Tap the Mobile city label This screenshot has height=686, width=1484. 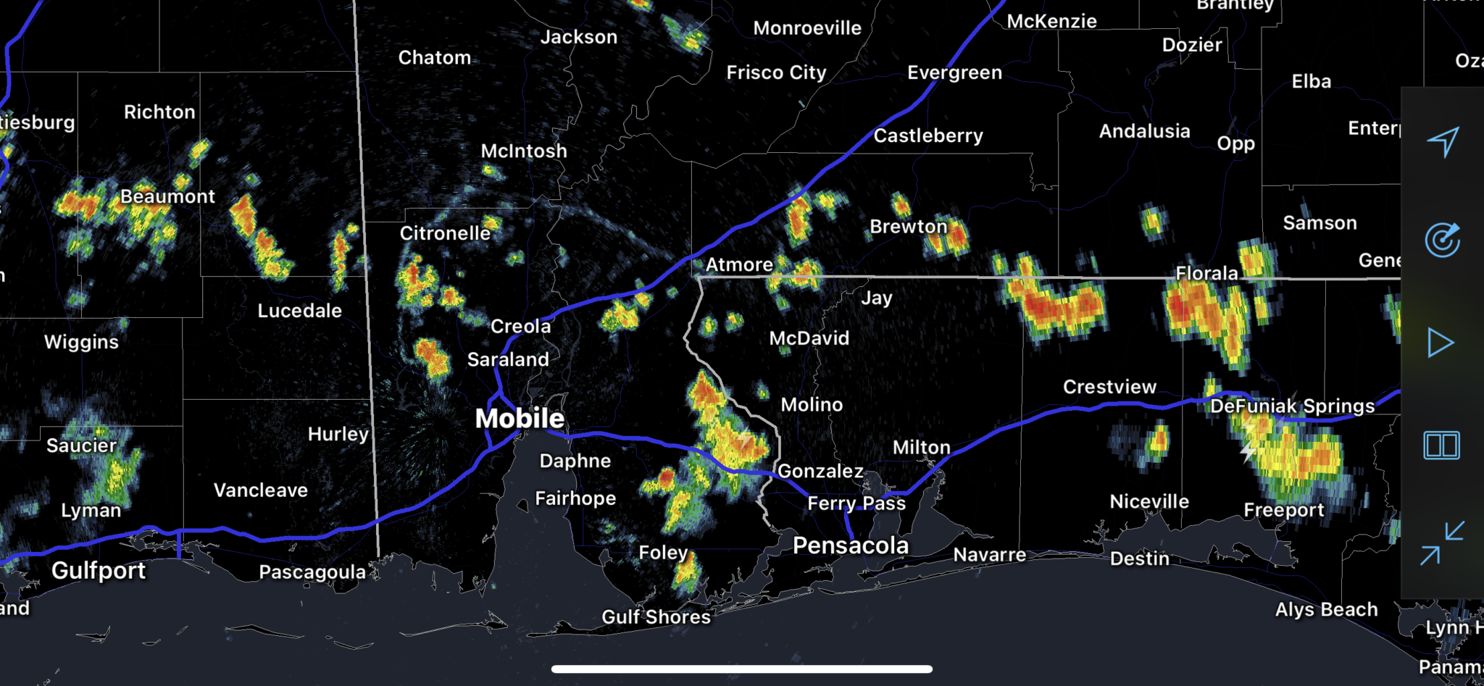tap(520, 418)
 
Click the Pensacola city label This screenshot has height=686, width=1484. tap(850, 545)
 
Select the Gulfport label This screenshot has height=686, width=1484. tap(99, 571)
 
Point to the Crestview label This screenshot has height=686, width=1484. tap(1109, 387)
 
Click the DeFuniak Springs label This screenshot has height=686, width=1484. tap(1292, 406)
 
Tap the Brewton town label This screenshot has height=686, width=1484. tap(908, 227)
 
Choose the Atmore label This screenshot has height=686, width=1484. tap(739, 265)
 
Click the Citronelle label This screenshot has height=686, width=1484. tap(445, 233)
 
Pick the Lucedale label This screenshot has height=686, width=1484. tap(299, 311)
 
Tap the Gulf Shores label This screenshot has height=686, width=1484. tap(656, 617)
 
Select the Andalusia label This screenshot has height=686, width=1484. tap(1144, 131)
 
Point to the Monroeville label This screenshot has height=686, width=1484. tap(807, 28)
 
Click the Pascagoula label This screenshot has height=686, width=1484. tap(312, 572)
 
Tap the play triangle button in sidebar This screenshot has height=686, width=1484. tap(1441, 343)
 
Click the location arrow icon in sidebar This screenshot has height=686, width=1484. tap(1442, 141)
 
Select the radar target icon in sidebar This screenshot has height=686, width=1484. tap(1442, 240)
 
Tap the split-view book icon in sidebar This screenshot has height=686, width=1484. tap(1441, 445)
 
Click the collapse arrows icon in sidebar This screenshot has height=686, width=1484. tap(1442, 543)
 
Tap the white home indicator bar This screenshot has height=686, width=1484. tap(741, 669)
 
